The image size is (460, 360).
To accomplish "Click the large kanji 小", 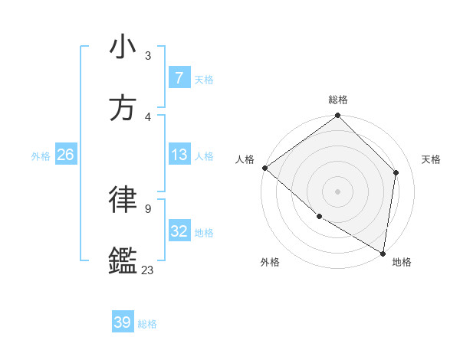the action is tap(123, 47).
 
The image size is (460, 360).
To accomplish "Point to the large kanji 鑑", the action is tap(123, 260).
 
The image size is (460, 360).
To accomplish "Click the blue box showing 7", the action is tap(179, 78).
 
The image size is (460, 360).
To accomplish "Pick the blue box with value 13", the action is tap(179, 155).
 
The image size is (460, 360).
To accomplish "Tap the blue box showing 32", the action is tap(179, 231).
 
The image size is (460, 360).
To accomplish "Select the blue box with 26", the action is tap(65, 155).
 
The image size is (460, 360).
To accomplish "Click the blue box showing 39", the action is tap(122, 322).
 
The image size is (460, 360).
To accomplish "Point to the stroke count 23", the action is tap(147, 270).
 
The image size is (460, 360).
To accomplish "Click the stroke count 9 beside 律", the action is tap(147, 208).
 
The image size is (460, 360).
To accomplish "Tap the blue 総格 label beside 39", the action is tap(147, 324).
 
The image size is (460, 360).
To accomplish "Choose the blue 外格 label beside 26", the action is tap(41, 156).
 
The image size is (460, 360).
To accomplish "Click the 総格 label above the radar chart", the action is tap(337, 100).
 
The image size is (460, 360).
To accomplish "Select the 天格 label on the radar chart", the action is tap(431, 159).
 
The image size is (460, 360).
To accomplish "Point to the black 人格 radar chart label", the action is tap(245, 159).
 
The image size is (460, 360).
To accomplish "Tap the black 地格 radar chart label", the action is tap(402, 262).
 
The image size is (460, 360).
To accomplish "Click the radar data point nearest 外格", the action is tap(319, 216).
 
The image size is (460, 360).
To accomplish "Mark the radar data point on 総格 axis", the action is tap(337, 116).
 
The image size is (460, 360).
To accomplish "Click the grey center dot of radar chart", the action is tap(337, 191).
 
